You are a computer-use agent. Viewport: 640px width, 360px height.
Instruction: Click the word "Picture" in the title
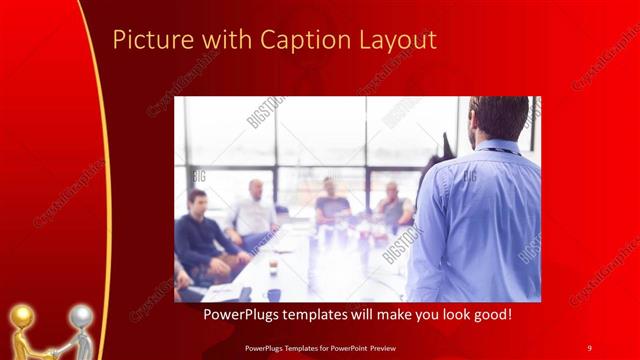(x=145, y=40)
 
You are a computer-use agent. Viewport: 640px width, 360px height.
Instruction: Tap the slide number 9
(x=589, y=347)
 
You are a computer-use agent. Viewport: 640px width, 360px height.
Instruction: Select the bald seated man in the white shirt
(x=254, y=210)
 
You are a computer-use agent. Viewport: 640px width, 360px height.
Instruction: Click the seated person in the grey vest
(x=392, y=205)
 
